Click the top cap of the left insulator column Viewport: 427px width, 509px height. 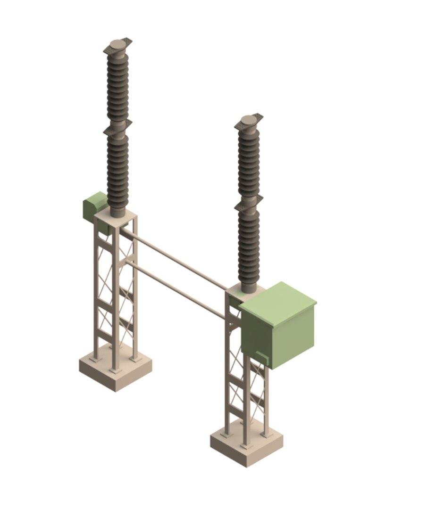pyautogui.click(x=117, y=45)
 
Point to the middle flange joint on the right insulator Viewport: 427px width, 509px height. pyautogui.click(x=249, y=201)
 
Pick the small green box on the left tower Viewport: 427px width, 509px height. pyautogui.click(x=93, y=206)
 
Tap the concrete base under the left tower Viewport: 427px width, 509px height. pyautogui.click(x=116, y=372)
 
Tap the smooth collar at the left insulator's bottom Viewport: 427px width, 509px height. pyautogui.click(x=117, y=210)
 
